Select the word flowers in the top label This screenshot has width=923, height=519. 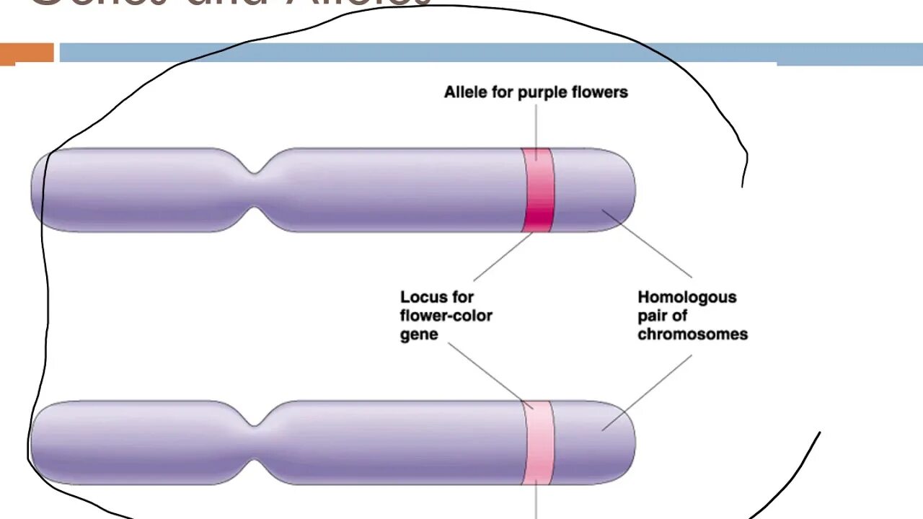[601, 92]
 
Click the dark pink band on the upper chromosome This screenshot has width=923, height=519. [538, 190]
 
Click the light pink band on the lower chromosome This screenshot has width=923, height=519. [538, 443]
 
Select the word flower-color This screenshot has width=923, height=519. [446, 316]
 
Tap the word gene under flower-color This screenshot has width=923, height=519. [419, 334]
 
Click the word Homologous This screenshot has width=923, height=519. [687, 297]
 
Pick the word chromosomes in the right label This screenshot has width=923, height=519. [693, 334]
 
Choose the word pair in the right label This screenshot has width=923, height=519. [653, 316]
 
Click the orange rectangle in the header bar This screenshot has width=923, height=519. [27, 53]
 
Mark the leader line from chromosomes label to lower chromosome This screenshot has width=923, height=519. [647, 392]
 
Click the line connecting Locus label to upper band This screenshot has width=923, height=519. [503, 257]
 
